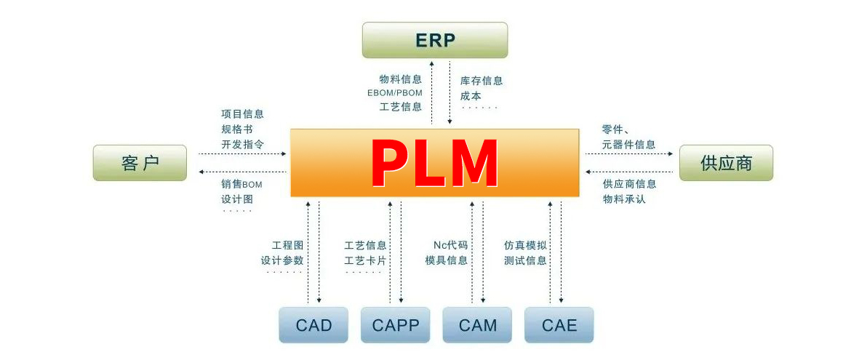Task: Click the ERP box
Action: (435, 39)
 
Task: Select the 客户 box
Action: (140, 163)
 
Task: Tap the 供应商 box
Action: (726, 163)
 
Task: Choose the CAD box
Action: (313, 324)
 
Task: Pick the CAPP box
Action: (396, 324)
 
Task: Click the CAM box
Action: (478, 324)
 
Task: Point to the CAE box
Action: (559, 324)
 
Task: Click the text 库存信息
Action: (482, 81)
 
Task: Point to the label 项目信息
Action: (242, 113)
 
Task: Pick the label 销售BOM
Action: (241, 184)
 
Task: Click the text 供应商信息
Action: (629, 183)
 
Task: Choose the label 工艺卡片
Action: (365, 260)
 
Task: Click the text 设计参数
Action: (282, 260)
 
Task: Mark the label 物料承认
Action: (623, 199)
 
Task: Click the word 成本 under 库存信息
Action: (471, 95)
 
